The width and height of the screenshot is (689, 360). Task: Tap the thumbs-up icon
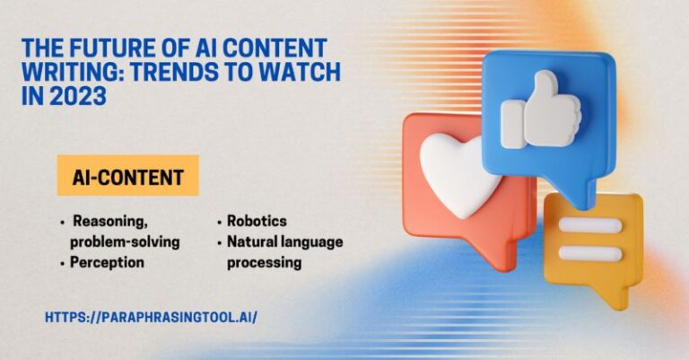540,112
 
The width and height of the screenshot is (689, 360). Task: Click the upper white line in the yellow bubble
589,225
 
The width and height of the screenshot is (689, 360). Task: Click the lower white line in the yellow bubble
589,253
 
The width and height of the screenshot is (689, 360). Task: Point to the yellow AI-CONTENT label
127,176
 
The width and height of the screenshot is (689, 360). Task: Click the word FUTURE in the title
108,48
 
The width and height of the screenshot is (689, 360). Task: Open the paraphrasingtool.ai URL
151,318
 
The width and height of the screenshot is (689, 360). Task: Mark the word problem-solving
124,241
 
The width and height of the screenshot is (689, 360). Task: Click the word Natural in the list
255,241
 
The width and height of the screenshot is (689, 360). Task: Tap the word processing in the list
263,263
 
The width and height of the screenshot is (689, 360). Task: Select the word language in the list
313,241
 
